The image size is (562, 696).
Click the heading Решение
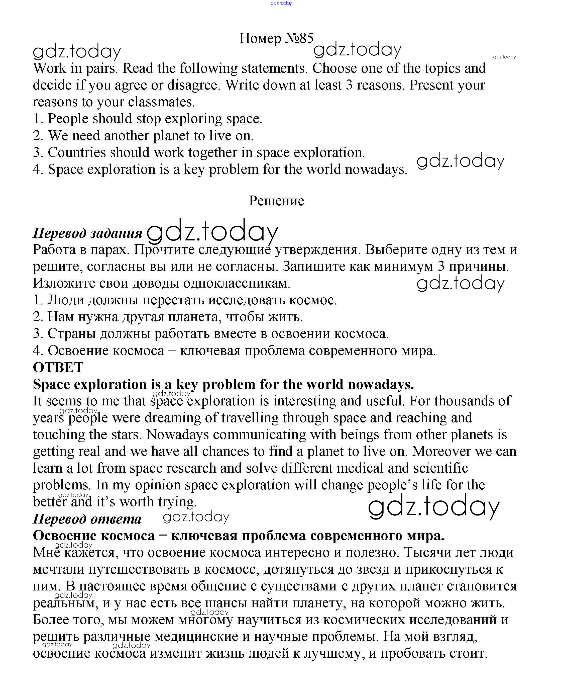[276, 201]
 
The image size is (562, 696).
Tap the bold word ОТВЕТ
[58, 368]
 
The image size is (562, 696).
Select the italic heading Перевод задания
[87, 233]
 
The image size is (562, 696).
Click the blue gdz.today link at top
[281, 3]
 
